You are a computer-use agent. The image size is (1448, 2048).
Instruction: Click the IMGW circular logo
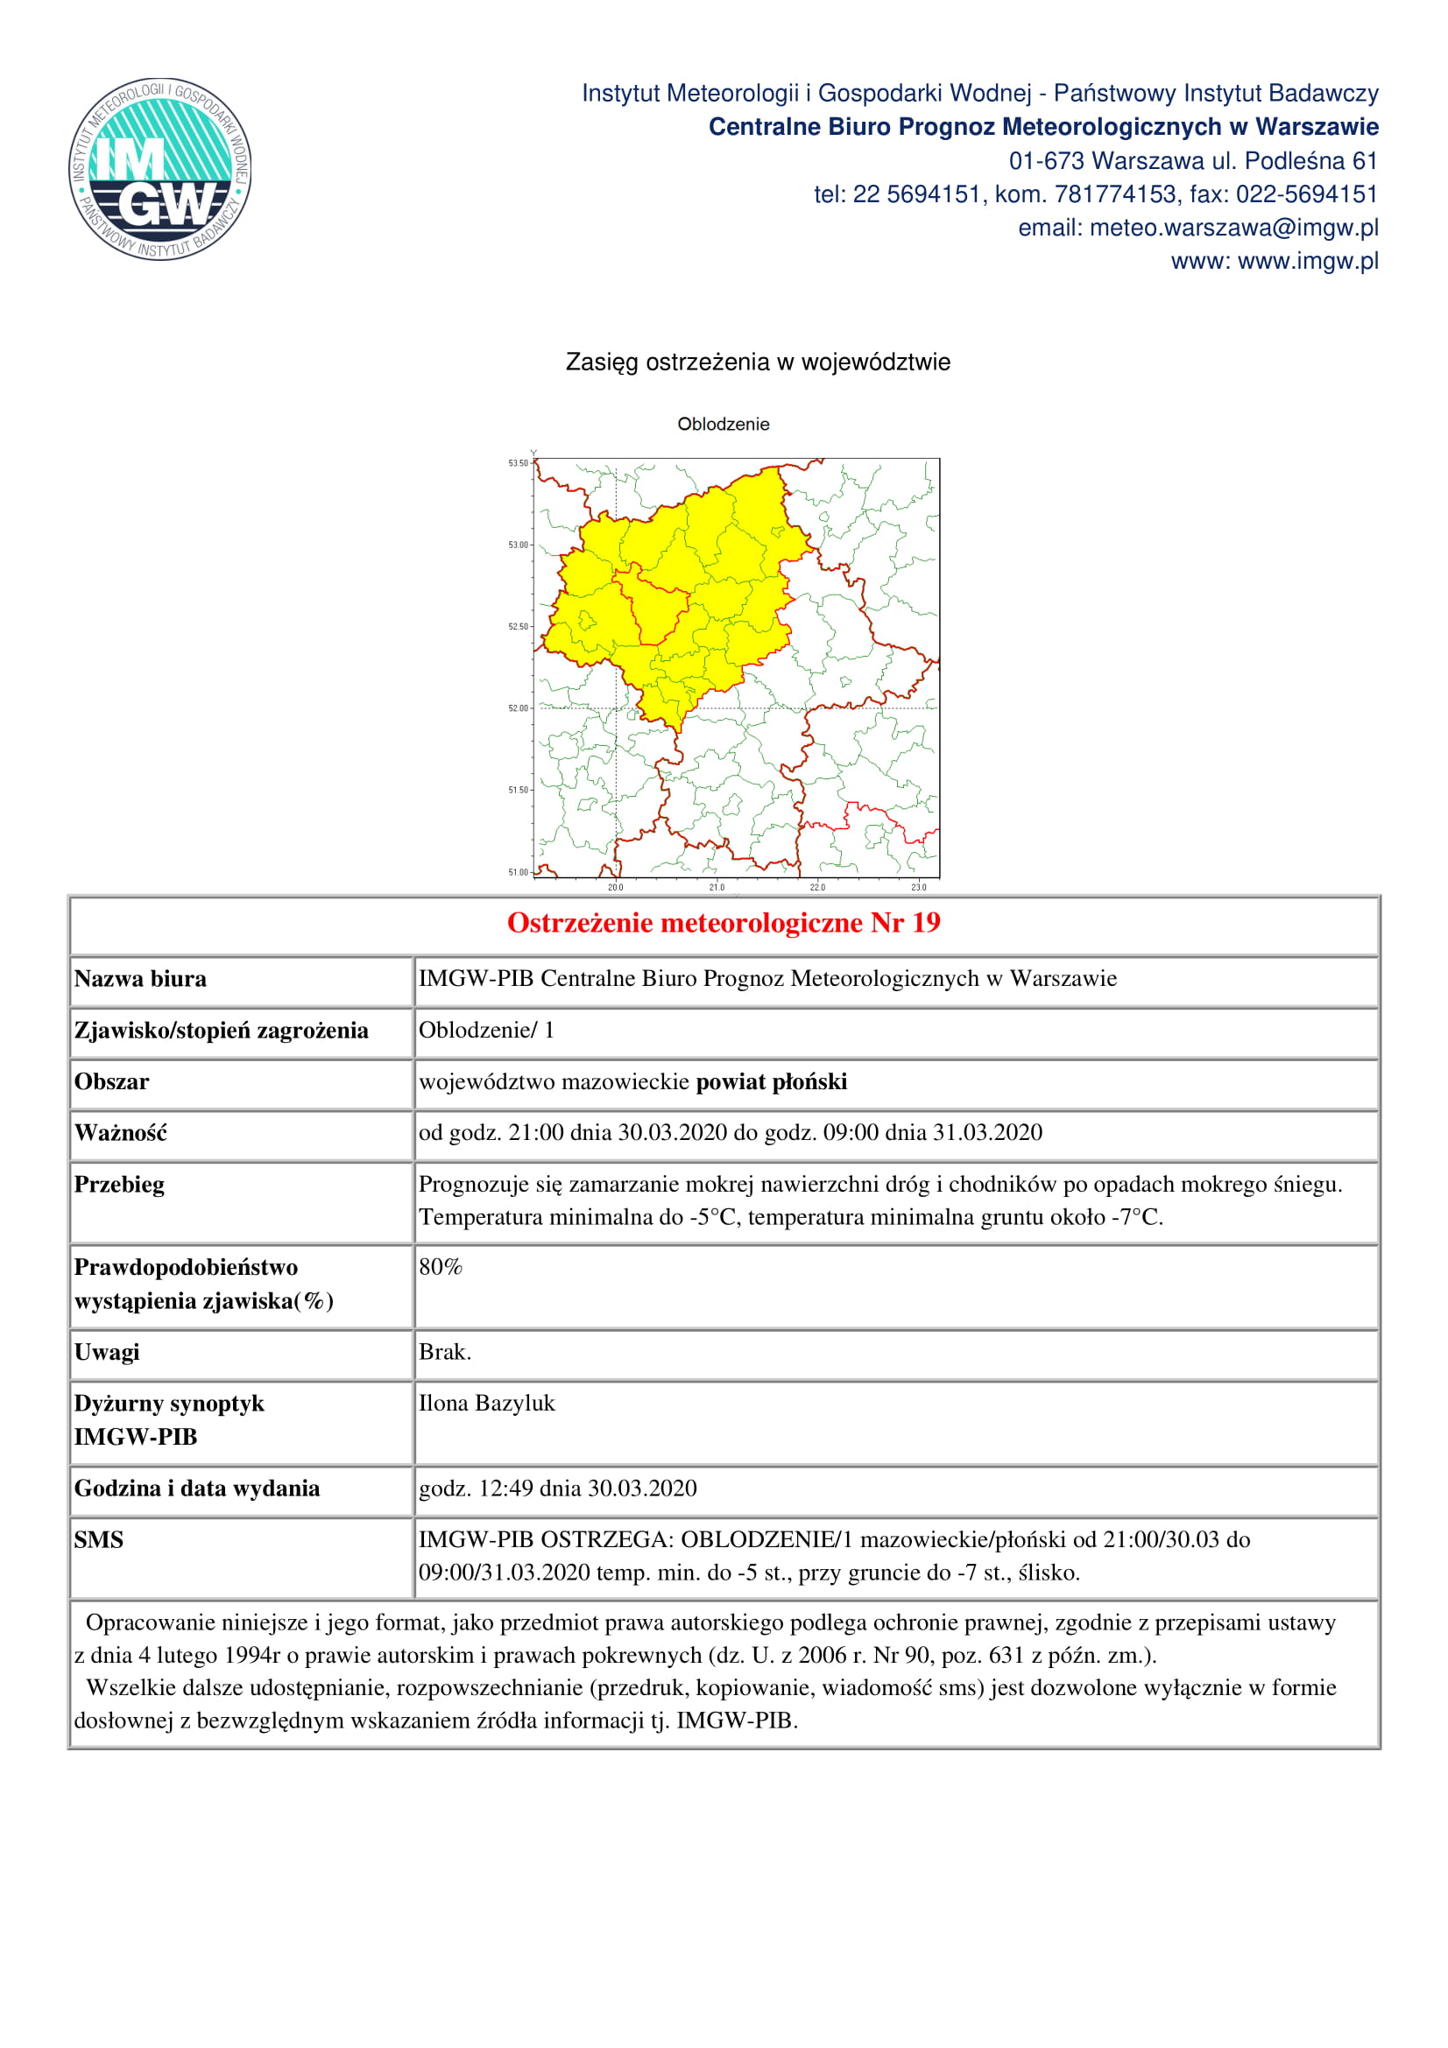[159, 170]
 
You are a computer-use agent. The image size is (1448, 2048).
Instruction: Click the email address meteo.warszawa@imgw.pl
[1233, 229]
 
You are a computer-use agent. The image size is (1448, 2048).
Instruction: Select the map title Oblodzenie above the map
[723, 425]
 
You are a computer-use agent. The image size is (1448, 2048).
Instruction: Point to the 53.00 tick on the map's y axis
[519, 545]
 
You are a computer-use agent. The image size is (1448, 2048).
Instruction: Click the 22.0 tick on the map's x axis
[817, 888]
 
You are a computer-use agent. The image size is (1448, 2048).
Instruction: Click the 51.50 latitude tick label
[519, 791]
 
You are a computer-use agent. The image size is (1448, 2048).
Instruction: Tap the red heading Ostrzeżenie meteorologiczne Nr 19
[724, 923]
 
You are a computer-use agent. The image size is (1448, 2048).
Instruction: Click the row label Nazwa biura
[140, 980]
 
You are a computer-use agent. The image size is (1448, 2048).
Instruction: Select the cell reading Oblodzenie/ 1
[486, 1031]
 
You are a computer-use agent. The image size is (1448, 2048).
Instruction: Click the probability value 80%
[441, 1268]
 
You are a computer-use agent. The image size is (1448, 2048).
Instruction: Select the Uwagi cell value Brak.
[444, 1352]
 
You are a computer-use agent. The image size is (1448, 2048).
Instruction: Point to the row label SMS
[99, 1539]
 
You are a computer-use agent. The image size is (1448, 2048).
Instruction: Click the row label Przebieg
[119, 1185]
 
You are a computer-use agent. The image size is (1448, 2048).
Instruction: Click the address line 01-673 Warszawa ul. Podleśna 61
[1193, 161]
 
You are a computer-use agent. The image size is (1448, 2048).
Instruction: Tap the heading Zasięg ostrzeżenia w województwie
[758, 362]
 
